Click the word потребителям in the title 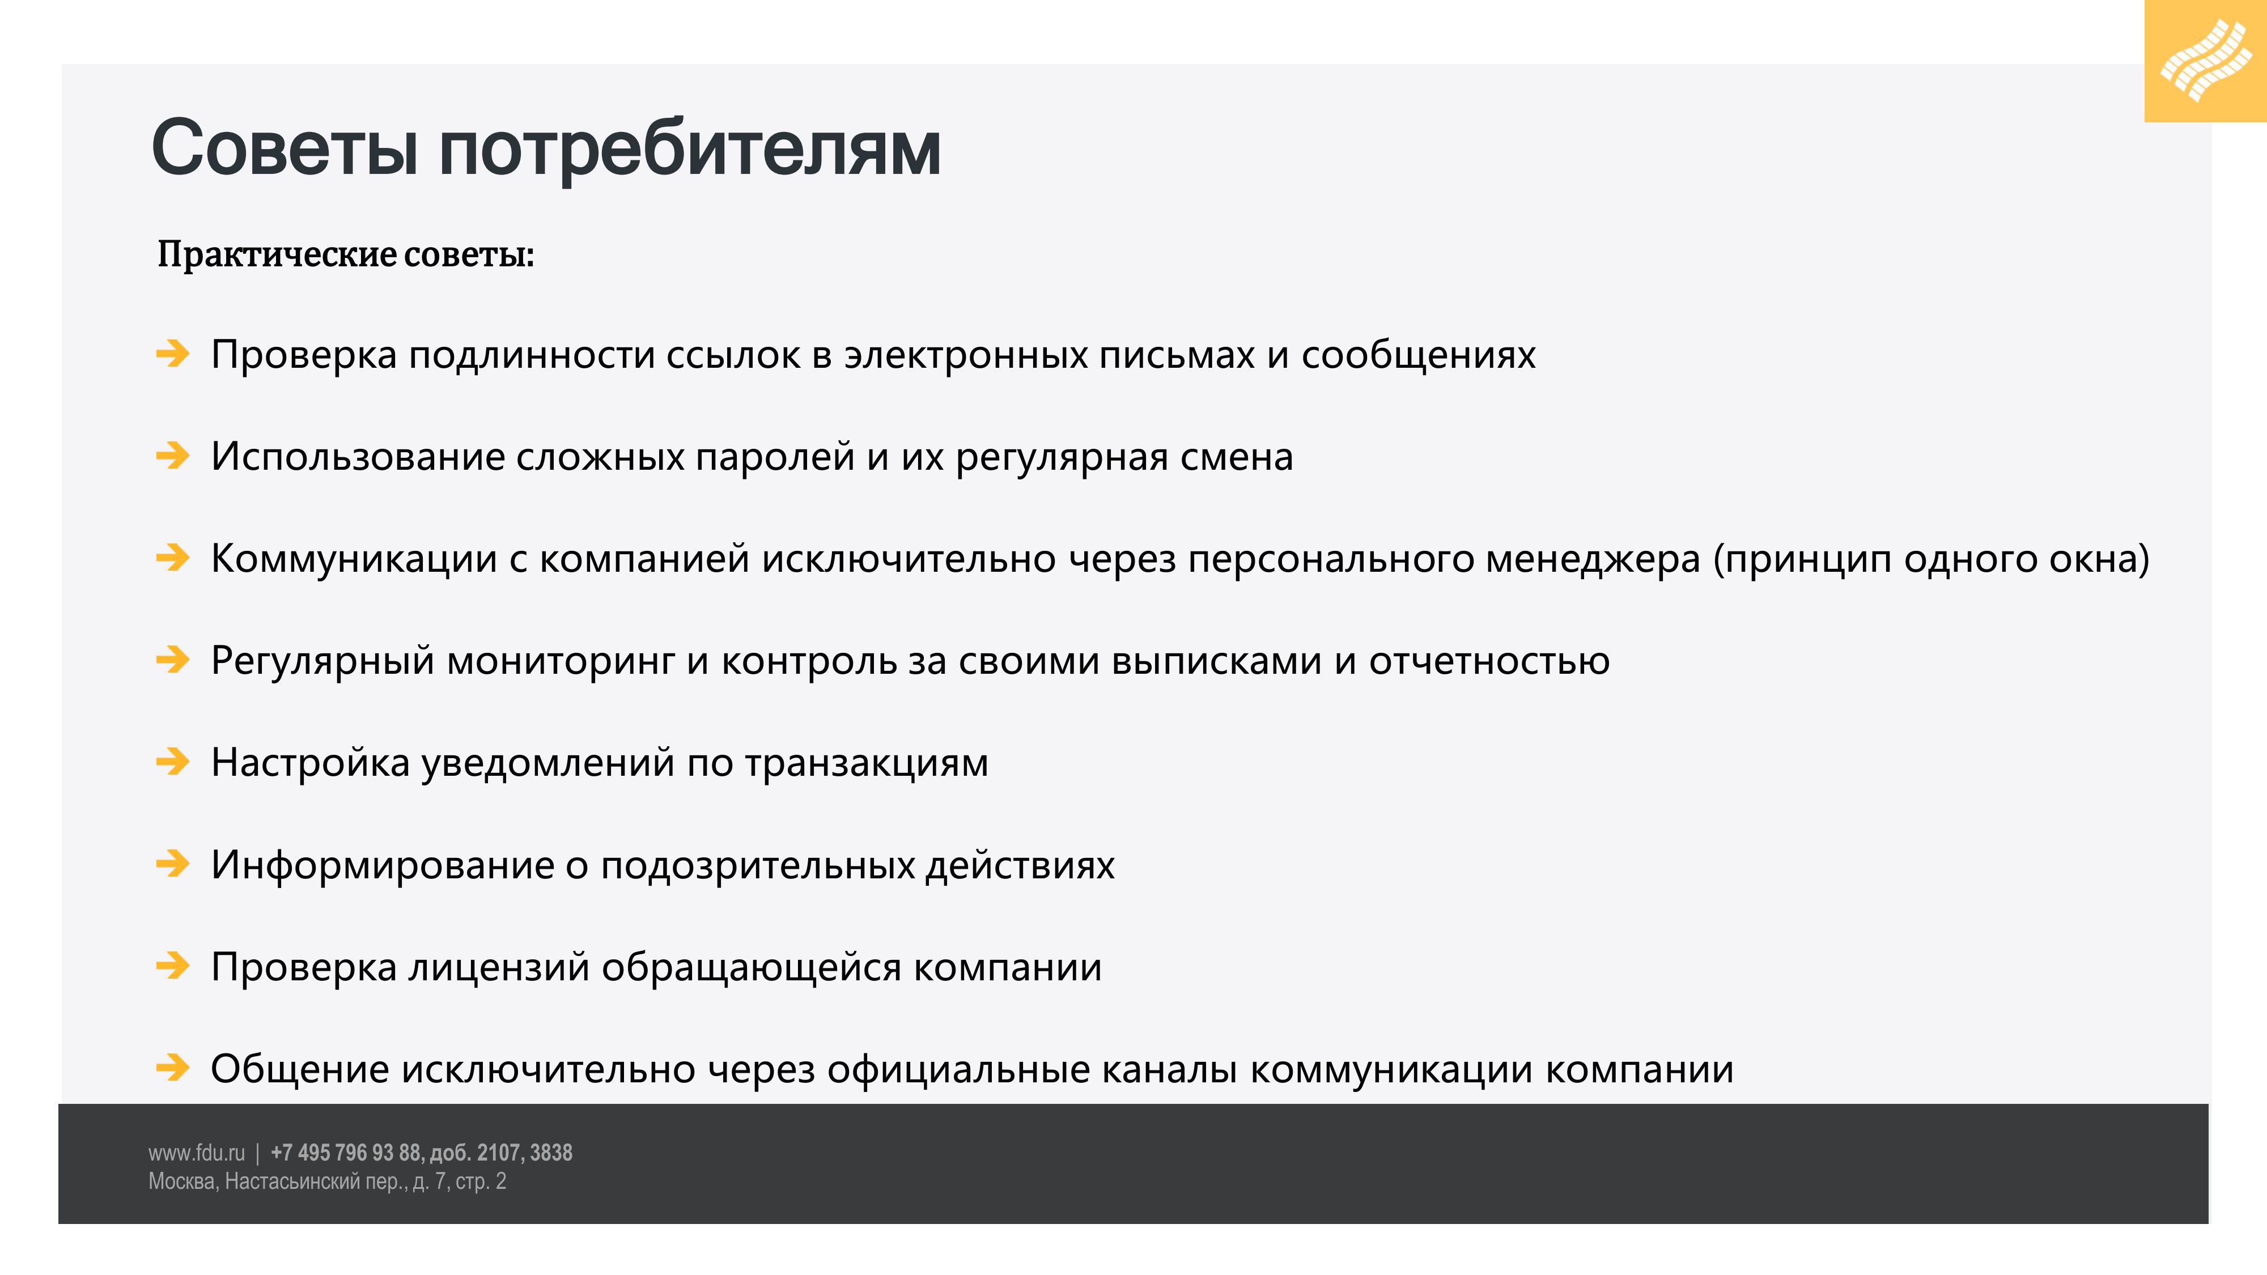[690, 150]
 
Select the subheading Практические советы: [346, 254]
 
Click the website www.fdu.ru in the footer [196, 1153]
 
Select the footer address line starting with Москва [328, 1181]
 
